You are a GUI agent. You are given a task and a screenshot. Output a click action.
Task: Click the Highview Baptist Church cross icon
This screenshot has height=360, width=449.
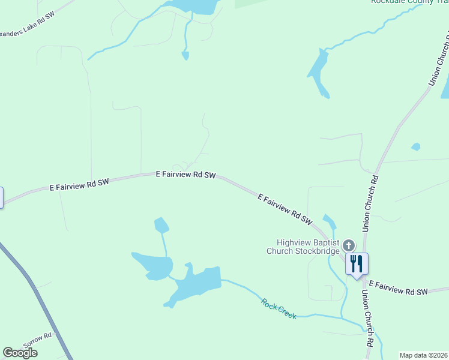349,245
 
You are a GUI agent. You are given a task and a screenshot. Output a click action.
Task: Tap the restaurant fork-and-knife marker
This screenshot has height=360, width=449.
357,263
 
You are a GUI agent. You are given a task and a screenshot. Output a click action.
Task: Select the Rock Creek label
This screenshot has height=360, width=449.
279,308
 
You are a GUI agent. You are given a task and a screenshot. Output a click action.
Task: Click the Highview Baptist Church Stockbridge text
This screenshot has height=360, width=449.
303,247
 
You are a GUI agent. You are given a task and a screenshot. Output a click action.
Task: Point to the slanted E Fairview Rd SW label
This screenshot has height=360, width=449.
286,209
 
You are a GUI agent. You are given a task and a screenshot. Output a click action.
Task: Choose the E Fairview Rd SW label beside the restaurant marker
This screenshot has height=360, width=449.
398,287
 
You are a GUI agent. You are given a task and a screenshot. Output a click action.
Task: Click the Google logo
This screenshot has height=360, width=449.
20,353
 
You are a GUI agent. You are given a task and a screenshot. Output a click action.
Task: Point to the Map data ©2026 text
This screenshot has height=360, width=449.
424,355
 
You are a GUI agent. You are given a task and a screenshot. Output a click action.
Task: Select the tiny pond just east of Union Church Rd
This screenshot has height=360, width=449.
415,146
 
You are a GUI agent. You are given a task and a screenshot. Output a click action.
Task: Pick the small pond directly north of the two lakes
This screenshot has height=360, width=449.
161,225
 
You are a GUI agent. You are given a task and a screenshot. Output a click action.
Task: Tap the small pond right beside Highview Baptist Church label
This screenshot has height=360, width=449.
330,220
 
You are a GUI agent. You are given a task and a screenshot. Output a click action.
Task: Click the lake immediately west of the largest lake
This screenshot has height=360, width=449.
153,265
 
